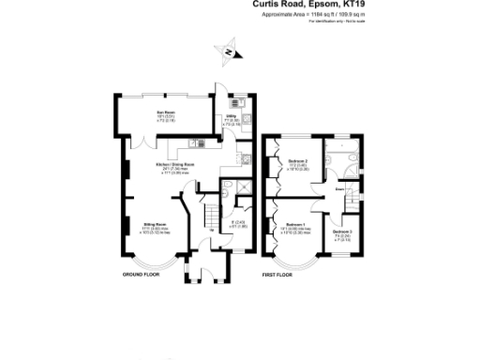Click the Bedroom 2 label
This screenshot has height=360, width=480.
[298, 160]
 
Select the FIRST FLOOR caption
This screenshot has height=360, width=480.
[281, 275]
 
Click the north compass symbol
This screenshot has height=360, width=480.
[228, 53]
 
